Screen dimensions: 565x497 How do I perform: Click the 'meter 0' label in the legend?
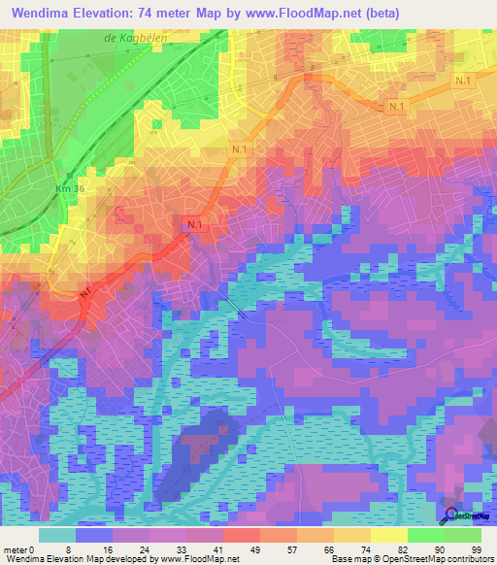point(19,548)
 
